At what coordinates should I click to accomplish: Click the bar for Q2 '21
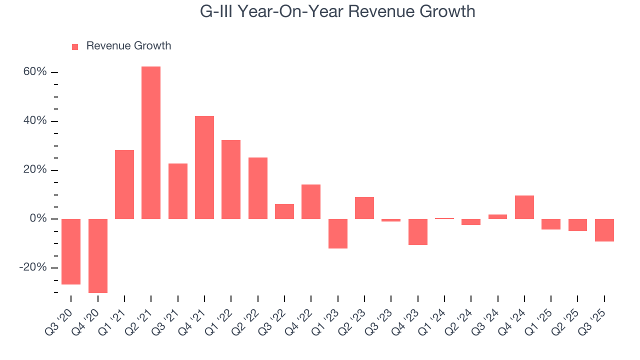tap(151, 142)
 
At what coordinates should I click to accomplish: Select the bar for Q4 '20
tap(98, 255)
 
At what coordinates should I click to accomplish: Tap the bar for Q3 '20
tap(71, 251)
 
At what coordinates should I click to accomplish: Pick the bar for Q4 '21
tap(204, 167)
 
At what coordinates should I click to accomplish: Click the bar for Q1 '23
tap(338, 233)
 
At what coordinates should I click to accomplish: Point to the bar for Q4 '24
tap(524, 207)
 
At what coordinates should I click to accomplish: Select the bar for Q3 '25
tap(604, 230)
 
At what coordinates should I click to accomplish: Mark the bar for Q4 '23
tap(418, 232)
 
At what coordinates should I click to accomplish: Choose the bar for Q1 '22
tap(231, 179)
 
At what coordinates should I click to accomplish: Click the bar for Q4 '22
tap(311, 201)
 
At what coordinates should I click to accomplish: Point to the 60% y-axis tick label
tap(35, 72)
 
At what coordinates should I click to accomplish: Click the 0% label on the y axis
tap(38, 219)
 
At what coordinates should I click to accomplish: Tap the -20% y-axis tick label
tap(33, 267)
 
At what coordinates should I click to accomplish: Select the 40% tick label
tap(35, 121)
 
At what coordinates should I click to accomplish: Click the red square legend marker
tap(75, 46)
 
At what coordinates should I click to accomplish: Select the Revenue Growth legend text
tap(128, 46)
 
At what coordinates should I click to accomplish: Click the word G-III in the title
tap(216, 11)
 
